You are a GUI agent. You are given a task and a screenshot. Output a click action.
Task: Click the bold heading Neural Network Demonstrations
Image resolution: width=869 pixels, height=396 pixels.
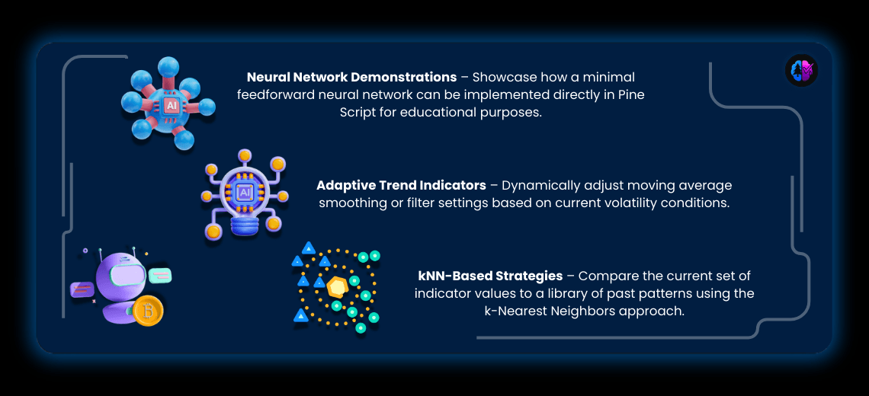point(351,78)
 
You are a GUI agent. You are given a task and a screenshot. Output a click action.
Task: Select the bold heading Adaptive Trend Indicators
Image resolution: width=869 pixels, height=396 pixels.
point(401,186)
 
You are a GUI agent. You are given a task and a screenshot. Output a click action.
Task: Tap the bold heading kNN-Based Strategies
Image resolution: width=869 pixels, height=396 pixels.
point(490,276)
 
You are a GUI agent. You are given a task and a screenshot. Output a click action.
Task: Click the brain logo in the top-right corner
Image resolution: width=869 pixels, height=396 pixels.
point(800,71)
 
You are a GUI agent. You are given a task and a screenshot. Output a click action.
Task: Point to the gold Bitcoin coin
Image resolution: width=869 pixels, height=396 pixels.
point(148,311)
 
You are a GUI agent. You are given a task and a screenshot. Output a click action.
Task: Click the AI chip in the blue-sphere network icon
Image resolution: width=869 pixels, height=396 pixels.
point(172,106)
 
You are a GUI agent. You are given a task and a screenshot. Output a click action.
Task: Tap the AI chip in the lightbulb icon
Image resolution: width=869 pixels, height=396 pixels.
point(245,193)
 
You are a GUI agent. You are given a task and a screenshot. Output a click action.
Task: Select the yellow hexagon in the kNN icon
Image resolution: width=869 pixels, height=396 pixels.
point(337,288)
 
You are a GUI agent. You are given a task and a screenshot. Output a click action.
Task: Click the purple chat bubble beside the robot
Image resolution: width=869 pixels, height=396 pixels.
point(82,289)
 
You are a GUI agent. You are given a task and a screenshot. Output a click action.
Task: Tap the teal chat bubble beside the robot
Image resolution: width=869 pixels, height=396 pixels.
point(161,275)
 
